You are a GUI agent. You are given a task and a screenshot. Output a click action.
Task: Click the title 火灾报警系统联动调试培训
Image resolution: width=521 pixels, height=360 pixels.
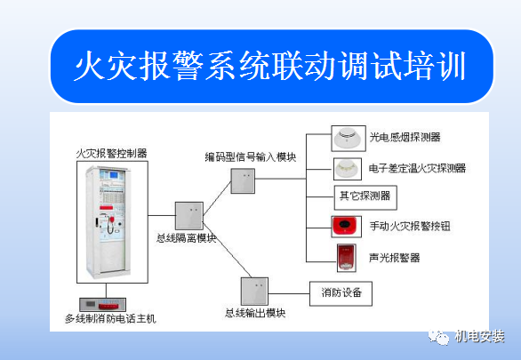[x=270, y=66]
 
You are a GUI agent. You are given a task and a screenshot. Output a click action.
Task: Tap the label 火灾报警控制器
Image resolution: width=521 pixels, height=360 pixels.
[x=112, y=153]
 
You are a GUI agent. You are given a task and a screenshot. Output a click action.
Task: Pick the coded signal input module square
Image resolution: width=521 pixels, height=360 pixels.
[x=243, y=181]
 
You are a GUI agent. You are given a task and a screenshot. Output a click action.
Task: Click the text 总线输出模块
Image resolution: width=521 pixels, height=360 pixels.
[x=255, y=314]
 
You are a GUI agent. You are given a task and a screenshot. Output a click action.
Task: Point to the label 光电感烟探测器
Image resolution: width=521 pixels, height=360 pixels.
[x=405, y=137]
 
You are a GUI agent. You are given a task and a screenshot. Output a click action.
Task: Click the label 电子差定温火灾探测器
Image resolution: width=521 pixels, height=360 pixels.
[x=416, y=168]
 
